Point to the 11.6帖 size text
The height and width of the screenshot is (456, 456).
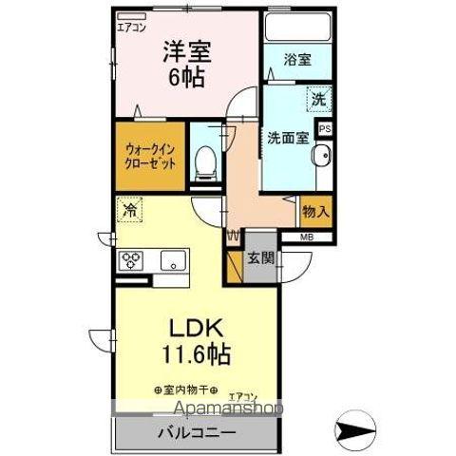click(x=197, y=358)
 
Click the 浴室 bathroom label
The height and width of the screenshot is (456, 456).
click(x=296, y=60)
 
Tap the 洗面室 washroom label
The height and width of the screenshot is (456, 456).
click(x=287, y=136)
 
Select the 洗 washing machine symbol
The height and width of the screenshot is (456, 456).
click(x=317, y=98)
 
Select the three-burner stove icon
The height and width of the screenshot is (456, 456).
click(x=130, y=259)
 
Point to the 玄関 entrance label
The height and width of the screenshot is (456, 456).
click(x=260, y=258)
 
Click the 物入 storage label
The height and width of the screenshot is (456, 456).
click(x=315, y=211)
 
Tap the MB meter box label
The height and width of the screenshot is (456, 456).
click(x=308, y=237)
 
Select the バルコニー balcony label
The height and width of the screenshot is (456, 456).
click(x=198, y=433)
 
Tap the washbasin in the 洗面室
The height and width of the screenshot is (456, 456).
click(x=321, y=158)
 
